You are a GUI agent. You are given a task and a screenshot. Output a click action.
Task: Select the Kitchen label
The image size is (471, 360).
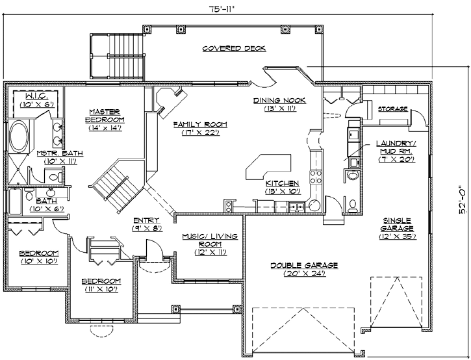[x=282, y=183]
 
